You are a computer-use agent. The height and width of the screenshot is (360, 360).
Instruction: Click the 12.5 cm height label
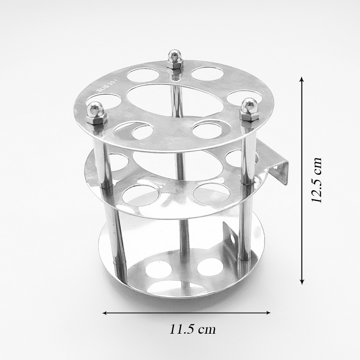317,180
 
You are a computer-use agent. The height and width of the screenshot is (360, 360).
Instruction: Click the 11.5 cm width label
193,329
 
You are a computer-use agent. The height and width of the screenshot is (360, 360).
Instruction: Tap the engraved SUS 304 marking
106,85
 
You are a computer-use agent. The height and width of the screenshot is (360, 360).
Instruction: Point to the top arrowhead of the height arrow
302,79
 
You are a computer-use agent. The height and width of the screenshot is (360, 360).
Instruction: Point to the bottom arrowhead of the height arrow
302,281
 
